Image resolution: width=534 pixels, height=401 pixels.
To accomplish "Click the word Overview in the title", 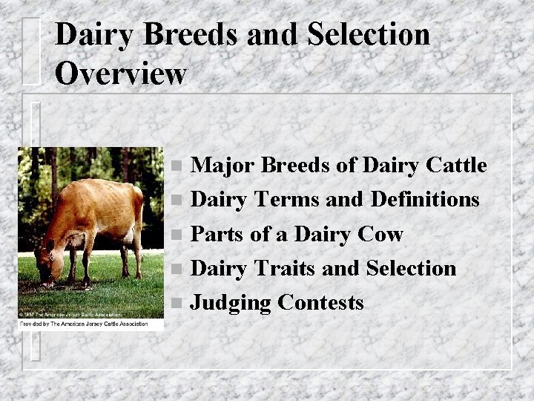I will pos(120,73).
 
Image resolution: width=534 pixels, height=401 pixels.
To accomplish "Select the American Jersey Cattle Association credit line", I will pos(83,324).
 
